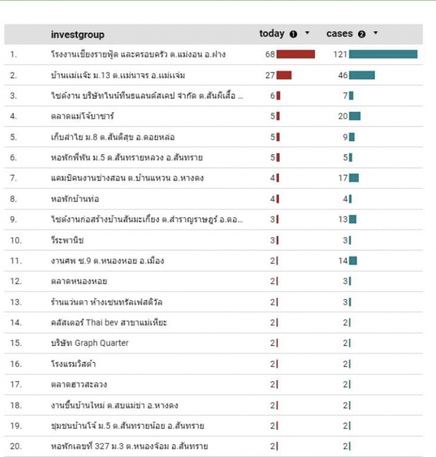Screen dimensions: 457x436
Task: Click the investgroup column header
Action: (x=77, y=34)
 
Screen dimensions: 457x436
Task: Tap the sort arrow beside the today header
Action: (x=307, y=33)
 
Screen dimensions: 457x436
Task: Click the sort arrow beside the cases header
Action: (x=376, y=33)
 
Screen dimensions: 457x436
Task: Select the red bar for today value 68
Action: (x=295, y=54)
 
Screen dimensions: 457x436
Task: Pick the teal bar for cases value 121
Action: (x=383, y=54)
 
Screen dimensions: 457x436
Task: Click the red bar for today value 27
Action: (x=284, y=75)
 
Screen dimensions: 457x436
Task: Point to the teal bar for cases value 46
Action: (x=362, y=75)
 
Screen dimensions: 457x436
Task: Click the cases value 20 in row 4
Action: (x=342, y=116)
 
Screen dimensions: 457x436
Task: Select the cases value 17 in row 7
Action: (x=342, y=178)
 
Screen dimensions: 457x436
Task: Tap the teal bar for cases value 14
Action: (x=353, y=261)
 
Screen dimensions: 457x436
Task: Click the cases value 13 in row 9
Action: (x=342, y=219)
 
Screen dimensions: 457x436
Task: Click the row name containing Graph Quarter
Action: (x=89, y=343)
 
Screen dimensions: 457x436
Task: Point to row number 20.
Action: (x=16, y=447)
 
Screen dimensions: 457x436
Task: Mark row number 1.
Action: (x=14, y=54)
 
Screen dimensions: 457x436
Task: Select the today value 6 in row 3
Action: (x=272, y=95)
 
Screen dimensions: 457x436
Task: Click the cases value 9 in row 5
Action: (x=345, y=137)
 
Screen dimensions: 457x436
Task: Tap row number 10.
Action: (x=16, y=240)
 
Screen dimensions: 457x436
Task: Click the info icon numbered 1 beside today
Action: (x=293, y=34)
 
